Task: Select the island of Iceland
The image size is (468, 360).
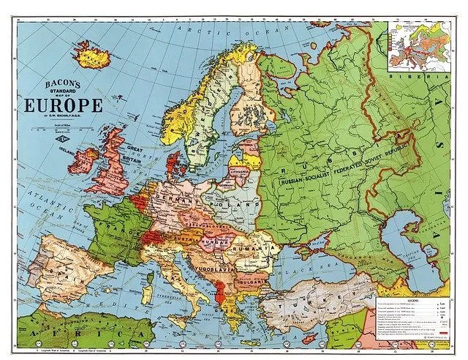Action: (93, 53)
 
